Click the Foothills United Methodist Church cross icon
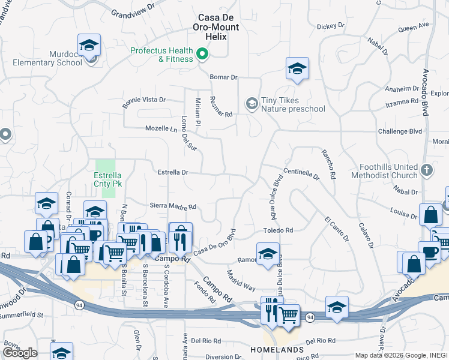(x=426, y=170)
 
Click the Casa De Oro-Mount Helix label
(x=215, y=26)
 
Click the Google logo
(x=20, y=353)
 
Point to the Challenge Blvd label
(x=400, y=131)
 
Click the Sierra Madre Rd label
(x=173, y=206)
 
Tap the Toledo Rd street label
(x=277, y=230)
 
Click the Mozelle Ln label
(x=162, y=128)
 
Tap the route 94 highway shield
(x=79, y=305)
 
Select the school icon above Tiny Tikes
(x=297, y=70)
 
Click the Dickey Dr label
(x=331, y=26)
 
